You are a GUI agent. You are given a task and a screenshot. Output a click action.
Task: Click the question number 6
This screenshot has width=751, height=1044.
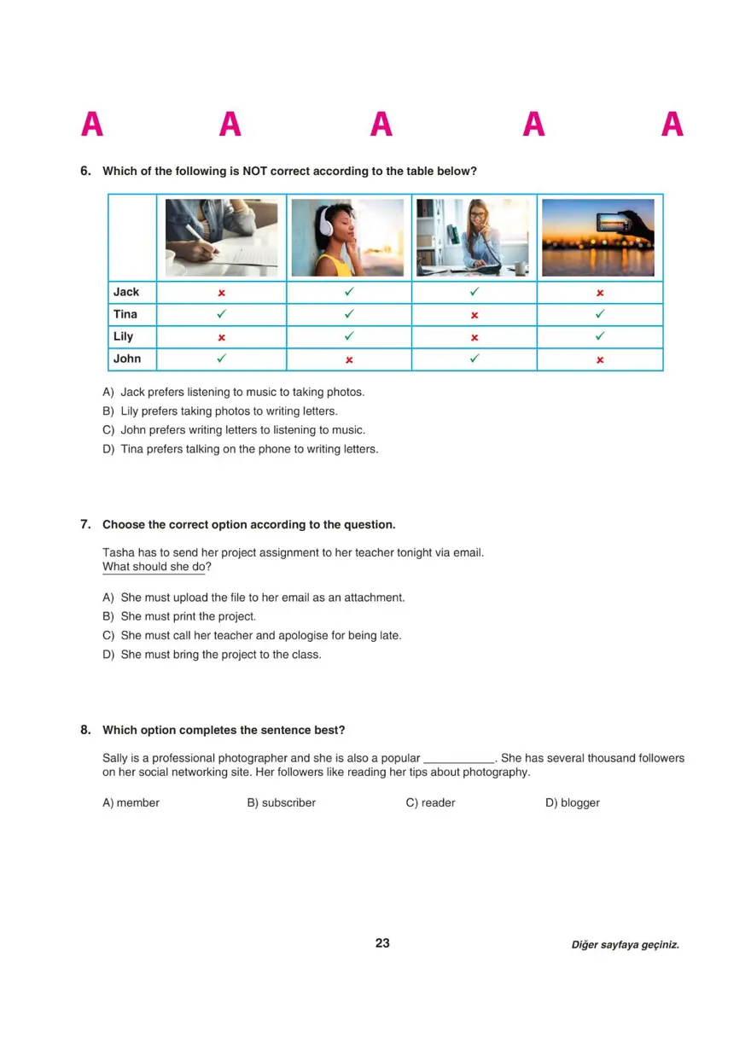pos(85,171)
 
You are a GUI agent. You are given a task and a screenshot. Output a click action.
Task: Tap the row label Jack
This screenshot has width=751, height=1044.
pos(126,292)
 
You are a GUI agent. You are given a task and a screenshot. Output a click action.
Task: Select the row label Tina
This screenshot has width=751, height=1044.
pos(125,314)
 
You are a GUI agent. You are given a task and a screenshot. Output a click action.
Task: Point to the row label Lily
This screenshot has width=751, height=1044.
pos(124,336)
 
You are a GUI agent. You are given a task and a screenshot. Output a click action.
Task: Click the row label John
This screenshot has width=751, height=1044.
pos(127,359)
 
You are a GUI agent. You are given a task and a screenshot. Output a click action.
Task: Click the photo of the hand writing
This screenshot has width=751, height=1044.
pos(221,238)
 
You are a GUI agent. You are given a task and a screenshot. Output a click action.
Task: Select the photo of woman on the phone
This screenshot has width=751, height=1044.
pos(474,238)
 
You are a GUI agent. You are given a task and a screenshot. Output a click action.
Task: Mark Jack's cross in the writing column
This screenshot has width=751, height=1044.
pos(221,293)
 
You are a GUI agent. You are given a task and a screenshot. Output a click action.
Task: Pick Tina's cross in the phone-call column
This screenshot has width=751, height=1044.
pos(474,315)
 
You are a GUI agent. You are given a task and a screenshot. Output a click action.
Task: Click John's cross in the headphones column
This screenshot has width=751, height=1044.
pos(349,360)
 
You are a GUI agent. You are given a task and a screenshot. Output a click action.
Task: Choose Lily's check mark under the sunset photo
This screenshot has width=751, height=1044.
pos(600,336)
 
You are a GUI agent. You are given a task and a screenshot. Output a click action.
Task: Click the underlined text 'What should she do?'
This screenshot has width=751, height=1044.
pos(157,567)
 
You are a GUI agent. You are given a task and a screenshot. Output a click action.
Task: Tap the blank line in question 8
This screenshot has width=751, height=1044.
pos(459,759)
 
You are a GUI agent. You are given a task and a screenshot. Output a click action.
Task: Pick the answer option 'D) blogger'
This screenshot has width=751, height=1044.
pos(573,803)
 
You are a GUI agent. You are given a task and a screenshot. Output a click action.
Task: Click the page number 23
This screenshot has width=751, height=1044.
pos(382,943)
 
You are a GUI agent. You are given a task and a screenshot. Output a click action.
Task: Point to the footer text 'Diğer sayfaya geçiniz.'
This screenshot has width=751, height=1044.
pos(626,945)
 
